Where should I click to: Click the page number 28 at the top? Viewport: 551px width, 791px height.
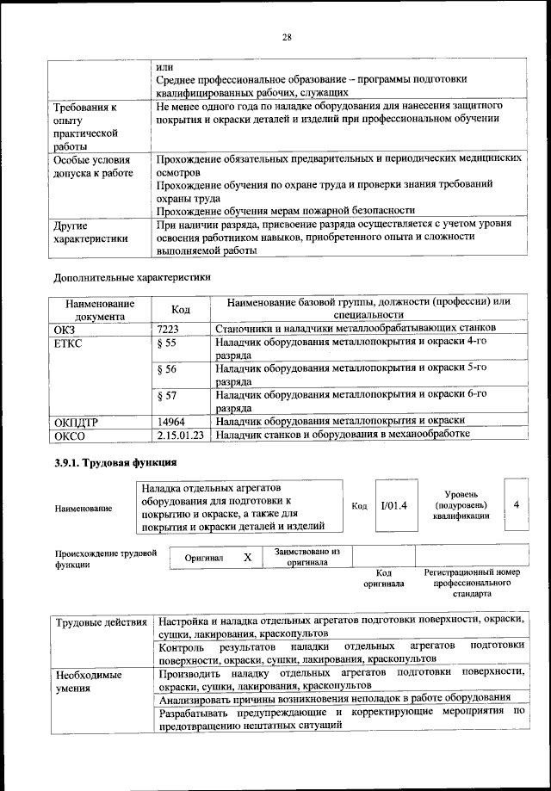(x=287, y=36)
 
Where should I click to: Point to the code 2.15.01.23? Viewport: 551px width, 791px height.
(x=181, y=435)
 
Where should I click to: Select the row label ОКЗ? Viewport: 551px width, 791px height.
(x=65, y=328)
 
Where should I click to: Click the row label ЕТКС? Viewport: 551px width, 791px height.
(x=70, y=343)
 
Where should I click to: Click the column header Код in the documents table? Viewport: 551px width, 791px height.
(x=181, y=309)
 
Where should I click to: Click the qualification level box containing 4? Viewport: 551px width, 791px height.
(x=515, y=504)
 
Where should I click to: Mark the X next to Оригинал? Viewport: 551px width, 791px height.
(x=247, y=558)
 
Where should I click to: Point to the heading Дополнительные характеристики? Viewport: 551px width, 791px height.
(x=132, y=277)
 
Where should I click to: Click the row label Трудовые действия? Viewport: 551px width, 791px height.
(x=99, y=621)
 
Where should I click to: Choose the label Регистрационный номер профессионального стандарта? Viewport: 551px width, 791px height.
(x=473, y=583)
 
